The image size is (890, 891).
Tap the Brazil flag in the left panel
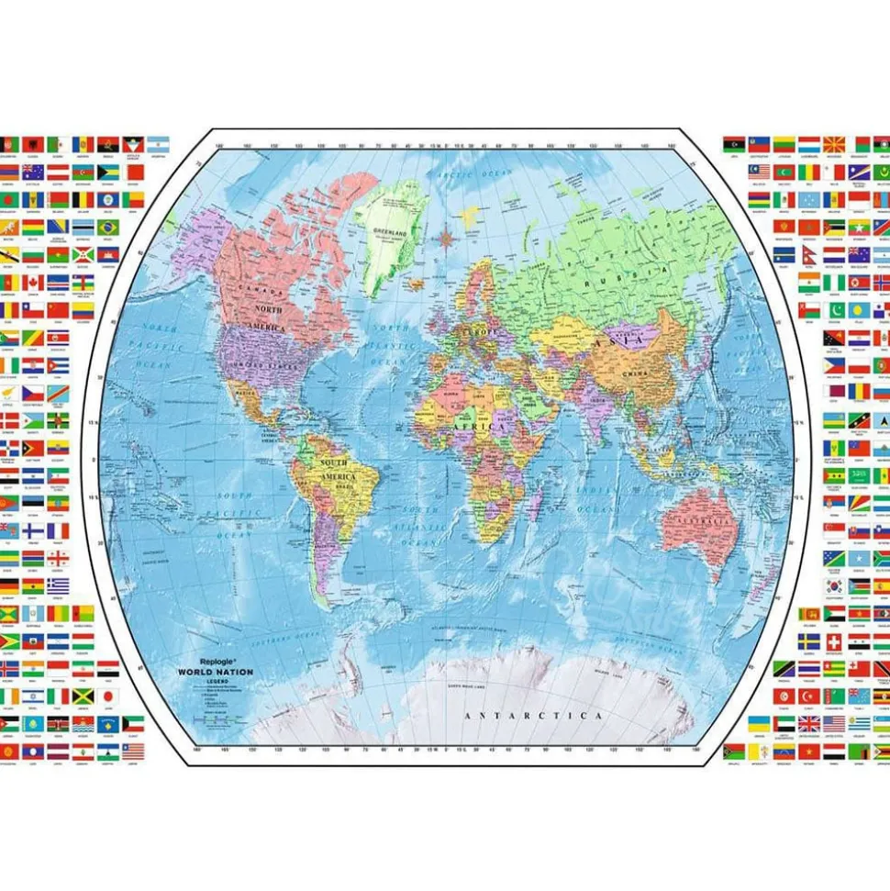[x=108, y=226]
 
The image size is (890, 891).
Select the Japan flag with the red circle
[x=108, y=696]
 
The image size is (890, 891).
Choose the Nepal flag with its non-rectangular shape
[x=809, y=254]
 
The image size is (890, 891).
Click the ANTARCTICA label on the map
[x=533, y=715]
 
